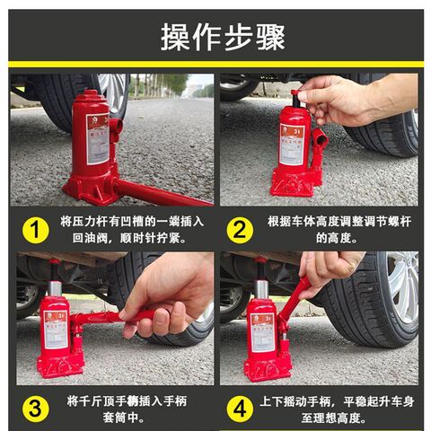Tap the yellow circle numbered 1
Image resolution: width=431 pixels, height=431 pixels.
(x=34, y=230)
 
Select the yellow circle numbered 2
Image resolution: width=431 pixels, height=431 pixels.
(x=238, y=230)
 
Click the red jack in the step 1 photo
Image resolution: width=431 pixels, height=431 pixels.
(x=94, y=148)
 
